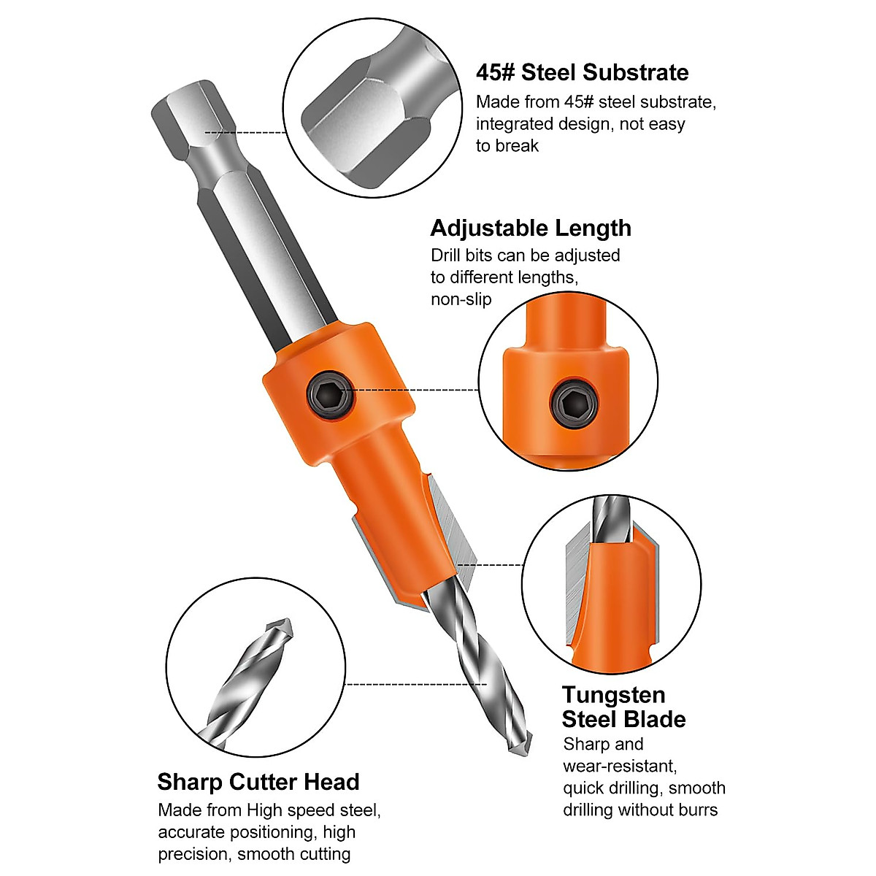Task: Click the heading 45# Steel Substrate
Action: tap(582, 72)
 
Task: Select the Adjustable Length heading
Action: tap(531, 228)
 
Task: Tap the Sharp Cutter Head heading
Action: tap(258, 782)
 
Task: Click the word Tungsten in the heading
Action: tap(613, 694)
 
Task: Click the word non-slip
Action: tap(461, 299)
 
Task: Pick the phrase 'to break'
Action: tap(507, 146)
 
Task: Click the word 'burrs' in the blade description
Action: tap(697, 810)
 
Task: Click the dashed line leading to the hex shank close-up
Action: tap(245, 133)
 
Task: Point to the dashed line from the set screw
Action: tap(416, 391)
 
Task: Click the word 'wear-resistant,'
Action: tap(620, 766)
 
